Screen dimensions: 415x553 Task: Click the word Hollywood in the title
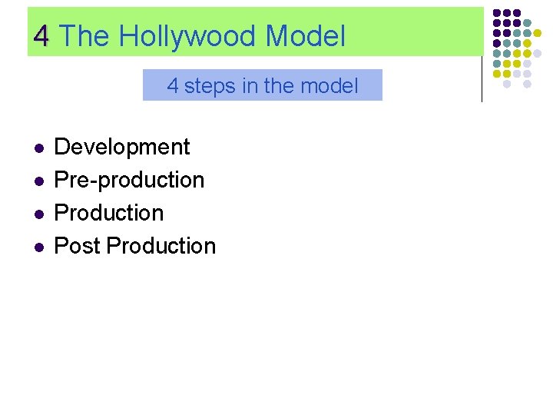(187, 36)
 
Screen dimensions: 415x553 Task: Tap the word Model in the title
(305, 36)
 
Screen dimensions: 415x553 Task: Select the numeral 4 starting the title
(42, 36)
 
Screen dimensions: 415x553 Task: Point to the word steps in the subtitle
(210, 86)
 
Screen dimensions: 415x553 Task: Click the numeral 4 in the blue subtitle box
(173, 86)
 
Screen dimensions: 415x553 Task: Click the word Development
(122, 147)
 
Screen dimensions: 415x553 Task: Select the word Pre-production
(129, 180)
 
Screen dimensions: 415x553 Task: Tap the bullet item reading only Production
(109, 213)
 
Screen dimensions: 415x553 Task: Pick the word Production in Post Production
(161, 246)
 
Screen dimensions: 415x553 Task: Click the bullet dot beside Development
(38, 148)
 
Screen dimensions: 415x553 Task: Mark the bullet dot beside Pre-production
(38, 181)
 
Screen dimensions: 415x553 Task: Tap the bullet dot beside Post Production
(38, 247)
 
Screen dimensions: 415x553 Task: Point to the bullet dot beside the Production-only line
(38, 214)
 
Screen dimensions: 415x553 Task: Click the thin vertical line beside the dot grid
(482, 77)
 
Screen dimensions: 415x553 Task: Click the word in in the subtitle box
(249, 86)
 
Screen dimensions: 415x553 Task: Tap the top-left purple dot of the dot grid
(497, 13)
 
